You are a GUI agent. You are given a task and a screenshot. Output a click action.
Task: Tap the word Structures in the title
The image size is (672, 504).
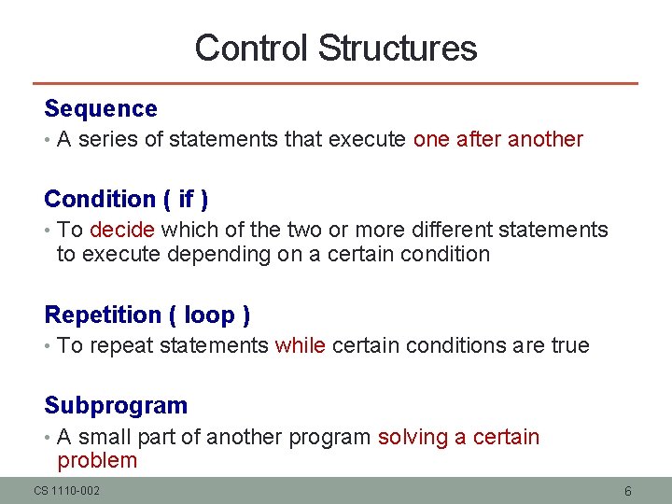pyautogui.click(x=397, y=49)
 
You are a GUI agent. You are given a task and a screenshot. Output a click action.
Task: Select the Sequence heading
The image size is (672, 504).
pyautogui.click(x=101, y=109)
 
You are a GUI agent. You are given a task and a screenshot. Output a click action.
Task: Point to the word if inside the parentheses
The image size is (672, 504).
pyautogui.click(x=186, y=200)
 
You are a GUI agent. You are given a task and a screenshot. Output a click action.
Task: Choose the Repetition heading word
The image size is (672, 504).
pyautogui.click(x=104, y=315)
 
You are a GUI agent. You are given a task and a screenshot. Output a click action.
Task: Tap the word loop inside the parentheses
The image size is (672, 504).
pyautogui.click(x=210, y=315)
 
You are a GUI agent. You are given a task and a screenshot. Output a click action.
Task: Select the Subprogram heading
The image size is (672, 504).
pyautogui.click(x=116, y=406)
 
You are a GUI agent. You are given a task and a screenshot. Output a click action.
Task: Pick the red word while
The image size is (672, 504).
pyautogui.click(x=301, y=346)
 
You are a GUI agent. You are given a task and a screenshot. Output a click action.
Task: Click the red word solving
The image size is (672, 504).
pyautogui.click(x=413, y=438)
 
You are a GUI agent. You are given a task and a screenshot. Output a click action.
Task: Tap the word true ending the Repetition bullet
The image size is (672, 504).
pyautogui.click(x=570, y=346)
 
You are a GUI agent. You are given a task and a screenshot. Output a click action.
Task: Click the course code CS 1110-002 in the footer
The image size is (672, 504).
pyautogui.click(x=67, y=491)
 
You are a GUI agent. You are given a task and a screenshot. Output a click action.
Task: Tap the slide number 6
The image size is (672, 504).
pyautogui.click(x=628, y=491)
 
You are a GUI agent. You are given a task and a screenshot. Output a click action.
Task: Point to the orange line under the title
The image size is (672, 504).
pyautogui.click(x=336, y=84)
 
